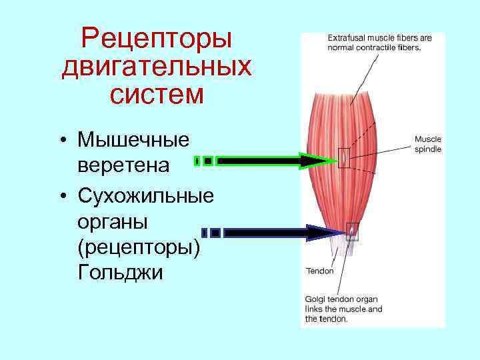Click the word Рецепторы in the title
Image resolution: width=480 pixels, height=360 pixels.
[x=156, y=39]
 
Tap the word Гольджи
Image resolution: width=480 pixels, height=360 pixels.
[x=120, y=272]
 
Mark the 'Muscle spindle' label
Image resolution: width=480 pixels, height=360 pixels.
[x=427, y=144]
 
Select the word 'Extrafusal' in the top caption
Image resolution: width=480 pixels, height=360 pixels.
[x=345, y=38]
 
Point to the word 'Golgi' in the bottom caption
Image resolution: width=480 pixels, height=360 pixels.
[x=316, y=299]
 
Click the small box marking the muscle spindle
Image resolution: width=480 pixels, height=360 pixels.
[x=343, y=157]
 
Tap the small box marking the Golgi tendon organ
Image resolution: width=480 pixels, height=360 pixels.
[x=352, y=231]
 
